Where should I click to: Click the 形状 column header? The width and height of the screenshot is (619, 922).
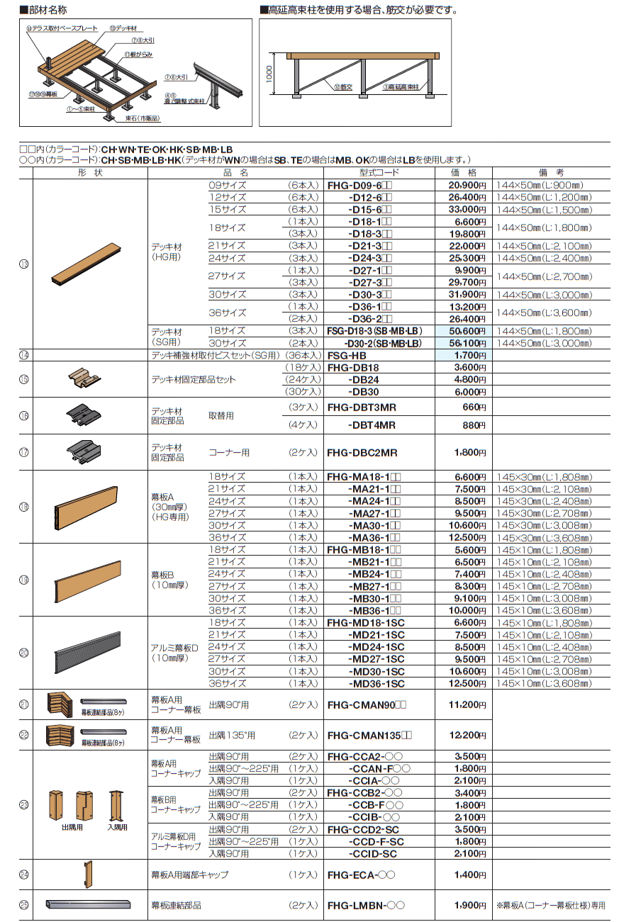point(89,172)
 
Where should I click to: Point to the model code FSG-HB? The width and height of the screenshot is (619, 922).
point(345,355)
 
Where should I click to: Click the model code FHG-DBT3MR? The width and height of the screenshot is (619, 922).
point(362,407)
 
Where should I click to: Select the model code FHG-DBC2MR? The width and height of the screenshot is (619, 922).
point(362,453)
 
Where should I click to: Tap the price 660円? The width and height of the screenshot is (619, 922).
point(472,407)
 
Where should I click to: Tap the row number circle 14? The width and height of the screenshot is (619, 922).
point(24,355)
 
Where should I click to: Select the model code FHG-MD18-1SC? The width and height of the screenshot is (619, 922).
point(366,622)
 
